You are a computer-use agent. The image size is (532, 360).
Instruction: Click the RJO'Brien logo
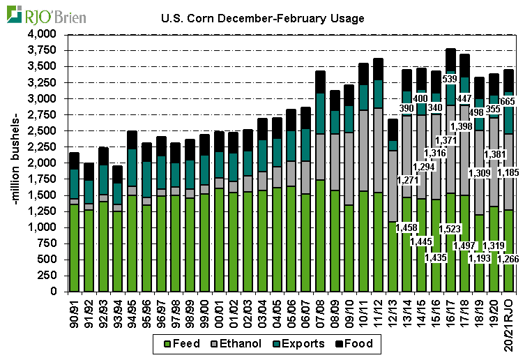coord(47,15)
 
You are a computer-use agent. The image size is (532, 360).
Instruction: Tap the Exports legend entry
coord(301,343)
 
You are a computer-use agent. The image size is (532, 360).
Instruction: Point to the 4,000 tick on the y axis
coord(43,34)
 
